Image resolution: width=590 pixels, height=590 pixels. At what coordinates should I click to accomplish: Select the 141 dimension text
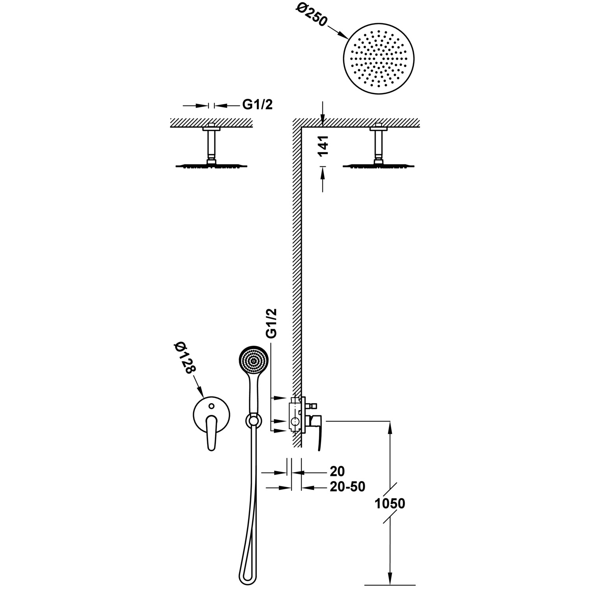click(323, 146)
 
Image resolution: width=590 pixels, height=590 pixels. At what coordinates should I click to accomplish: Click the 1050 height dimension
click(389, 503)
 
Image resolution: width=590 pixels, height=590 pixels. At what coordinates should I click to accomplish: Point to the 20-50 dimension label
click(347, 487)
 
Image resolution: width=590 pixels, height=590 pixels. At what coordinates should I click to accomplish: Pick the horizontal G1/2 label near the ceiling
click(257, 105)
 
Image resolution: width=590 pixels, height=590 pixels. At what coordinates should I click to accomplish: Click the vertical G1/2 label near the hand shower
click(271, 323)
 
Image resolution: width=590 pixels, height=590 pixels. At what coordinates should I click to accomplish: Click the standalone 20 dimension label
click(337, 471)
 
